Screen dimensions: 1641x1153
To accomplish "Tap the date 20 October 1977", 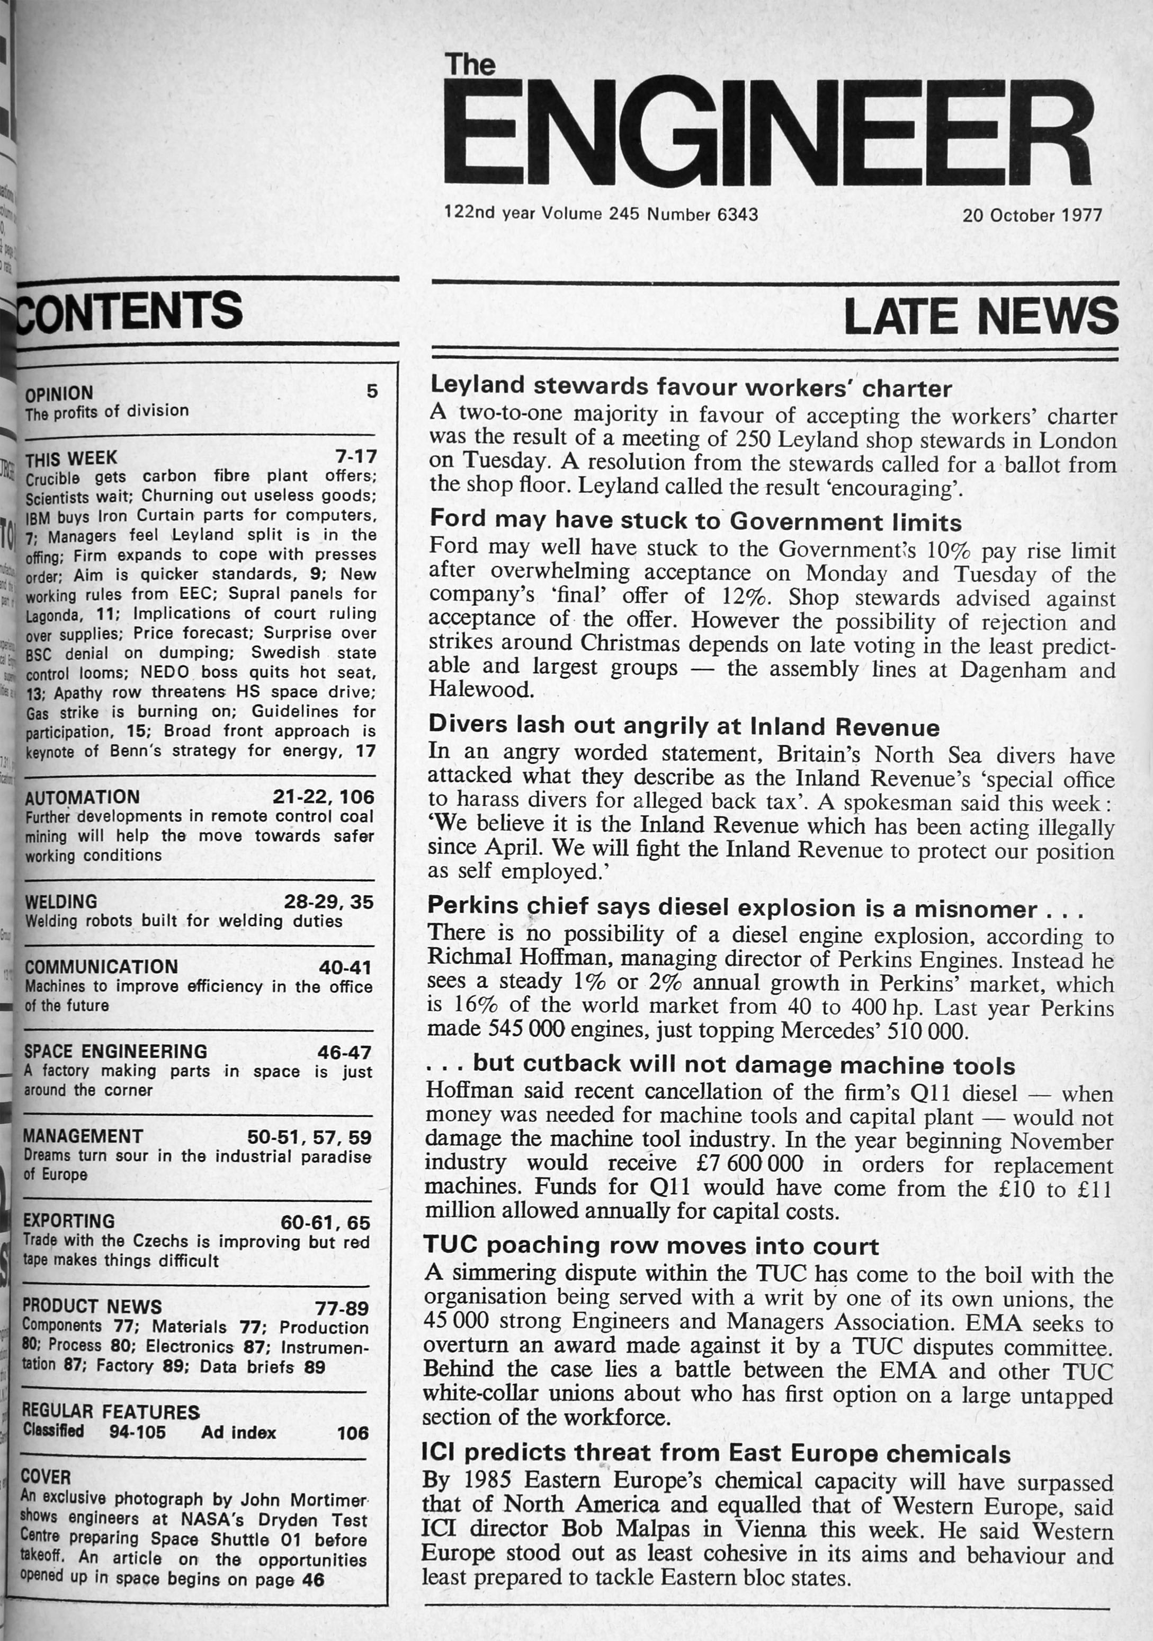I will pos(1032,215).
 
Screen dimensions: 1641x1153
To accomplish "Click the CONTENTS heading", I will pos(129,311).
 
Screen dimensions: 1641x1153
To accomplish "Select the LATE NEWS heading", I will pos(980,316).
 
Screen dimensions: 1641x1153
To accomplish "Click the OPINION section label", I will pos(59,393).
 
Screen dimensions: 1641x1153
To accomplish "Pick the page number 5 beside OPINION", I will pos(371,391).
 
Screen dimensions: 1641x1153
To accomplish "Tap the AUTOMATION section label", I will pos(82,797).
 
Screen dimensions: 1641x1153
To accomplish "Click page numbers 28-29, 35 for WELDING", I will pos(328,902).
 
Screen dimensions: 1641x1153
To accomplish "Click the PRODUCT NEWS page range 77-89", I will pos(342,1308).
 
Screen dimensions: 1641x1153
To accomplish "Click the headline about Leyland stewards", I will pos(691,387).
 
